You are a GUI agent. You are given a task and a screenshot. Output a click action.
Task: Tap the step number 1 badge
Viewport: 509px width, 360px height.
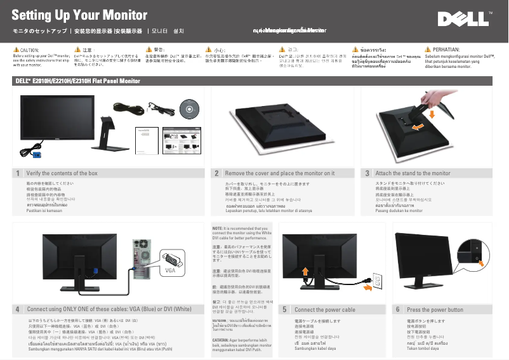[x=18, y=173]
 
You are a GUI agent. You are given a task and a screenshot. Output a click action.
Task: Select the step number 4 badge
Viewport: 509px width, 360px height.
[x=18, y=309]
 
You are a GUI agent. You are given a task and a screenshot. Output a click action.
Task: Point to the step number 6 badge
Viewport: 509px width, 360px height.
[x=397, y=309]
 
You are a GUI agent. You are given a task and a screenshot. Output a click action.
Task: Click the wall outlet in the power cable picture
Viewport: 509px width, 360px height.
[x=376, y=281]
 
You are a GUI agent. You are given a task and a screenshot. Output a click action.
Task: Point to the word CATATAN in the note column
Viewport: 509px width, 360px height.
[x=222, y=340]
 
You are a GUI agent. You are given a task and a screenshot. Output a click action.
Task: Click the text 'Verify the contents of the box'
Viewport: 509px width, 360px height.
[x=62, y=173]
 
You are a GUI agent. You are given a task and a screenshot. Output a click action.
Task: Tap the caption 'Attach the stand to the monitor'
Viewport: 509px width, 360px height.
[x=413, y=173]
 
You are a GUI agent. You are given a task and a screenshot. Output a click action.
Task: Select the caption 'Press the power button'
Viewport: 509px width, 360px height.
[x=435, y=309]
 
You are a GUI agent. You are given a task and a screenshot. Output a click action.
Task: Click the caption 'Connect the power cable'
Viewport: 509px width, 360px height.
[x=324, y=309]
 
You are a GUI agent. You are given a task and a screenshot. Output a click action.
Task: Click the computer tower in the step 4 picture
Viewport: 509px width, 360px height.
[x=140, y=260]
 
